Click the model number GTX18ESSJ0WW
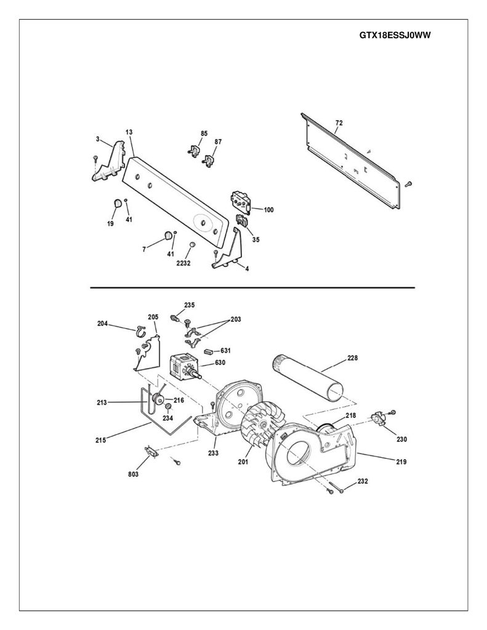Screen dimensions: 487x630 coord(395,35)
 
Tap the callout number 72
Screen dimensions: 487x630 coord(339,123)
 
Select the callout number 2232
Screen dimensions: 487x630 coord(183,263)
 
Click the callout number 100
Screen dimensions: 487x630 coord(268,210)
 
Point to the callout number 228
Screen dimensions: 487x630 coord(352,357)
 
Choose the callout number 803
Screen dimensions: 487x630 coord(133,474)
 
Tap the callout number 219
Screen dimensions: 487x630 coord(401,461)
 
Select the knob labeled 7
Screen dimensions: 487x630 coord(167,235)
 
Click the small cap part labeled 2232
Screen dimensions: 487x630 coord(192,244)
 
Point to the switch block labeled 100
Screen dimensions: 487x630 coord(241,201)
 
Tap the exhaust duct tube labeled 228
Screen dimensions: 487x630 coord(307,377)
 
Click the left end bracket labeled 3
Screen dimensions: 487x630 coord(108,162)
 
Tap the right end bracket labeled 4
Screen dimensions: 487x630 coord(227,249)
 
